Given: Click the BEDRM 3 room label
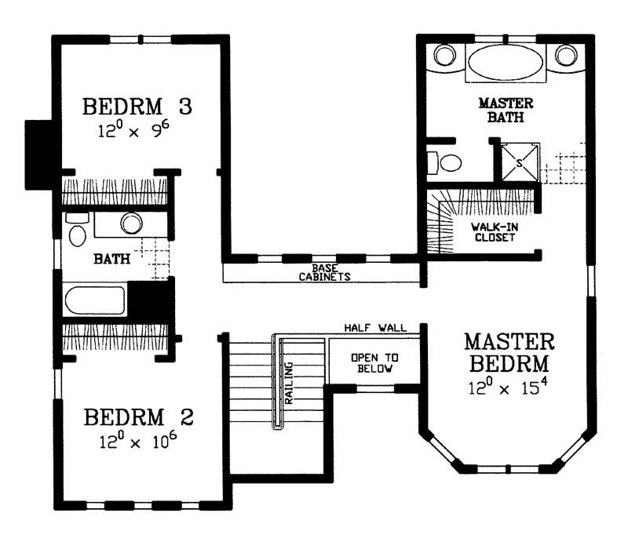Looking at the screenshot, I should [x=137, y=105].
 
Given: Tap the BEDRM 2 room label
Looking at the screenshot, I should [x=137, y=416].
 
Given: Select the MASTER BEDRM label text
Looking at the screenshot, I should [x=509, y=353].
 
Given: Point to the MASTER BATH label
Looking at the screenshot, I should [x=506, y=111].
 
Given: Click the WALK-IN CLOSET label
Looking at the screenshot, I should [x=493, y=232].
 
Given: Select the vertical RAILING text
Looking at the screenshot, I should [x=289, y=382].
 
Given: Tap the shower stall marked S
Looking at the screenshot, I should [x=519, y=163].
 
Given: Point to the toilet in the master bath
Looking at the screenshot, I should [x=447, y=163].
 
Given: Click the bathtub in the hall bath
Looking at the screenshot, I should [x=94, y=301].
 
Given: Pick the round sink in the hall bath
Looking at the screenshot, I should [x=131, y=223].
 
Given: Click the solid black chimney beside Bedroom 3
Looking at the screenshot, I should [x=38, y=155].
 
